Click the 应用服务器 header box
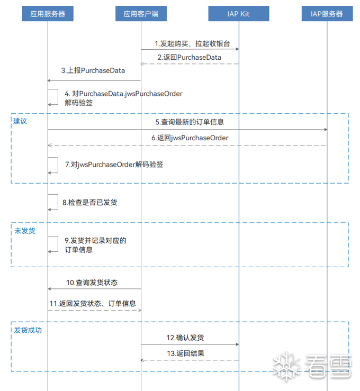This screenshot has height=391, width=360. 48,14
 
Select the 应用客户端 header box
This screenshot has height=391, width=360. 141,14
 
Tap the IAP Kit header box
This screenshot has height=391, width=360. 239,14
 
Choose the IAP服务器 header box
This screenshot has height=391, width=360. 327,14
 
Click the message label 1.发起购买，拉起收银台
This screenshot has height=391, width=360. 192,43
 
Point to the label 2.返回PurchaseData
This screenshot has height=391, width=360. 190,57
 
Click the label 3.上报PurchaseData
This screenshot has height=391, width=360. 93,70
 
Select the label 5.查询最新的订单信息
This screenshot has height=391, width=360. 190,122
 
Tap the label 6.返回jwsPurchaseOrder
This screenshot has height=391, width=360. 190,138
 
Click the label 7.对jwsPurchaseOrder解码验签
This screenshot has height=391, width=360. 114,165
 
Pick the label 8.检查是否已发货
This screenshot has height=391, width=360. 90,203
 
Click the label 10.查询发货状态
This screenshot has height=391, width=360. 92,283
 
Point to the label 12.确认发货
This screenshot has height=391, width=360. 185,338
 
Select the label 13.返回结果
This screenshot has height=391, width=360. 185,353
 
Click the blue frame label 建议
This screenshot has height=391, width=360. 20,121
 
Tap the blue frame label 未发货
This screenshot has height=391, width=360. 25,231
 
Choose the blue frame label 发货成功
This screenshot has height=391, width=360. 28,330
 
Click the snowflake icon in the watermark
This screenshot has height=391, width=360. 286,366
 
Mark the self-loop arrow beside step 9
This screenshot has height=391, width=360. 58,244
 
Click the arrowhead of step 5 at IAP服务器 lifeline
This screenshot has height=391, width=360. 326,130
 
